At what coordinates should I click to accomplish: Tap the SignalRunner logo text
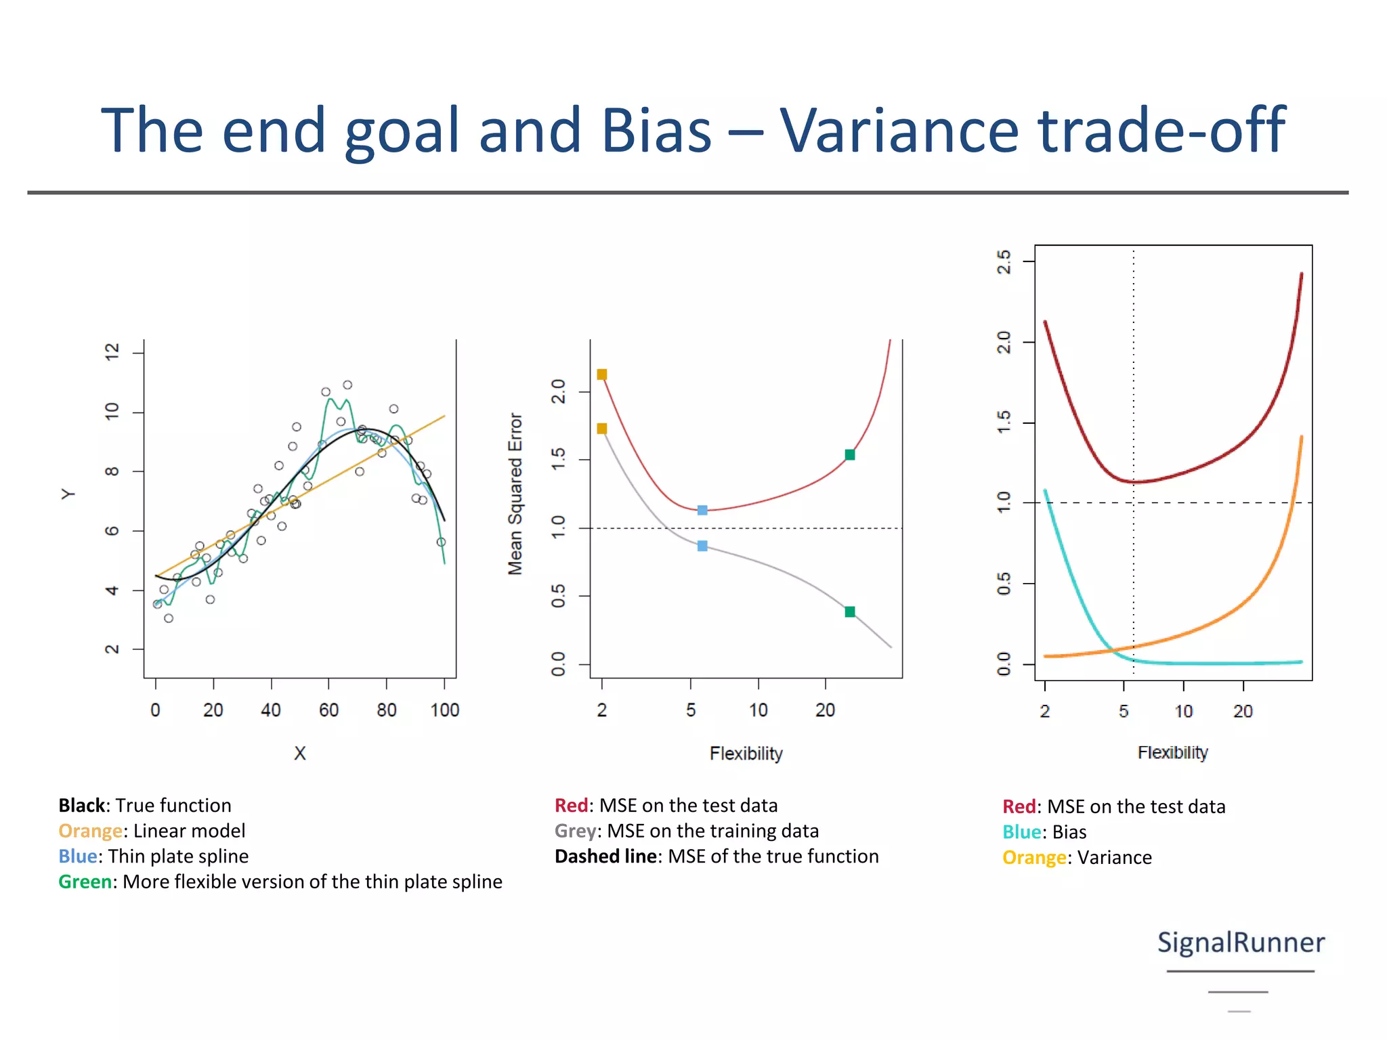pos(1240,942)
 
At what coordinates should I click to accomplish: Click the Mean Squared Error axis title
pos(515,494)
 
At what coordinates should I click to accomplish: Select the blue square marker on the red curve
pos(702,510)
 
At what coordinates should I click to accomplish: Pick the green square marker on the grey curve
pos(850,611)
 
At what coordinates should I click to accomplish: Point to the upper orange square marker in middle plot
pos(602,374)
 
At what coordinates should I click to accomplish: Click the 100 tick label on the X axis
pos(444,710)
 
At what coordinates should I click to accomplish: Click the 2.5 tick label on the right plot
pos(1004,261)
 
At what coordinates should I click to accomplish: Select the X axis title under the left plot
pos(300,753)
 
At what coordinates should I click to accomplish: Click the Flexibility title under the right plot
pos(1172,752)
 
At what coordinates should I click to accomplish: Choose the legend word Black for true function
pos(82,805)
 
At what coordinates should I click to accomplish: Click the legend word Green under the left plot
pos(85,882)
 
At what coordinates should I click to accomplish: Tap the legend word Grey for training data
pos(575,831)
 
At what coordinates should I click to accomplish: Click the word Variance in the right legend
pos(1114,858)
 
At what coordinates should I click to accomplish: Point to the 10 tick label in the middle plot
pos(758,710)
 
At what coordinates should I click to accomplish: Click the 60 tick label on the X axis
pos(328,710)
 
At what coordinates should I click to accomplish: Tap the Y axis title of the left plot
pos(68,494)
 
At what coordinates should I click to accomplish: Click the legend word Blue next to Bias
pos(1021,832)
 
